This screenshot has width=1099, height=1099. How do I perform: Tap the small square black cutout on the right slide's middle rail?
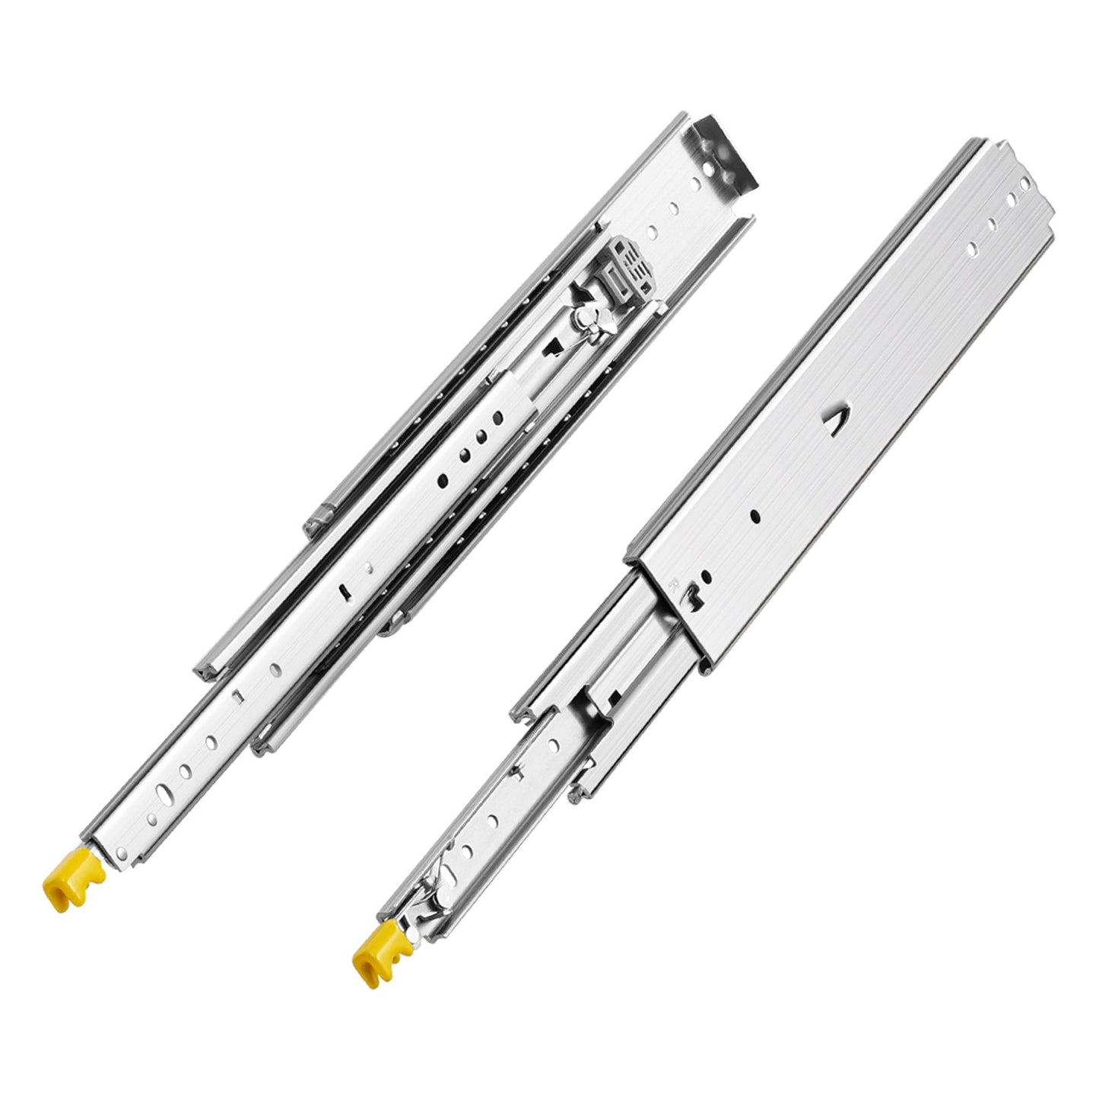[x=614, y=696]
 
